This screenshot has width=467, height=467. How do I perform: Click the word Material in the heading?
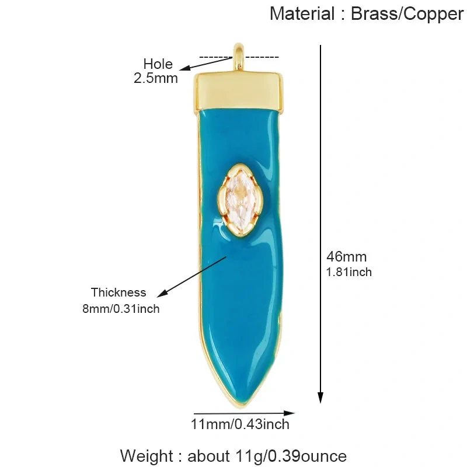[302, 13]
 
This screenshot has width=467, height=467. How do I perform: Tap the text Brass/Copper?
[407, 14]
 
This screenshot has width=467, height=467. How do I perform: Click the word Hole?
[158, 64]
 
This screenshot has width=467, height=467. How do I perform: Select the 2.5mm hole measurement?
[155, 78]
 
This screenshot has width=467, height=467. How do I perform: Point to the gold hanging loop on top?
[239, 57]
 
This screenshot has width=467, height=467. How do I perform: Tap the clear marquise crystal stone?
[238, 200]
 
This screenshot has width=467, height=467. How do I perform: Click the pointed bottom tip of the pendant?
[240, 406]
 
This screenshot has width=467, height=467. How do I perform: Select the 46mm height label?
[346, 257]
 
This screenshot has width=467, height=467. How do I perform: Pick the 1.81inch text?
[348, 272]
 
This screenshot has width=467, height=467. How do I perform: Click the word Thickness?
[119, 292]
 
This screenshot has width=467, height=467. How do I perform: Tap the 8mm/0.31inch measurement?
[121, 309]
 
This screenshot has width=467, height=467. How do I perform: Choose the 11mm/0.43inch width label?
[240, 424]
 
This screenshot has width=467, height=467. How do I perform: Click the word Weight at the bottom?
[147, 456]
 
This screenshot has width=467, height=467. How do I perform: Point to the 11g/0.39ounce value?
[291, 456]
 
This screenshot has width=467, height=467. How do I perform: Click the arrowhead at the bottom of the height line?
[320, 397]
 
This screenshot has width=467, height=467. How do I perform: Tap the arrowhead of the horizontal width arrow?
[289, 413]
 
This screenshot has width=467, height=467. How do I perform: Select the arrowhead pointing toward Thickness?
[162, 294]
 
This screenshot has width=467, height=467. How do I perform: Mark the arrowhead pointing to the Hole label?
[185, 68]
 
